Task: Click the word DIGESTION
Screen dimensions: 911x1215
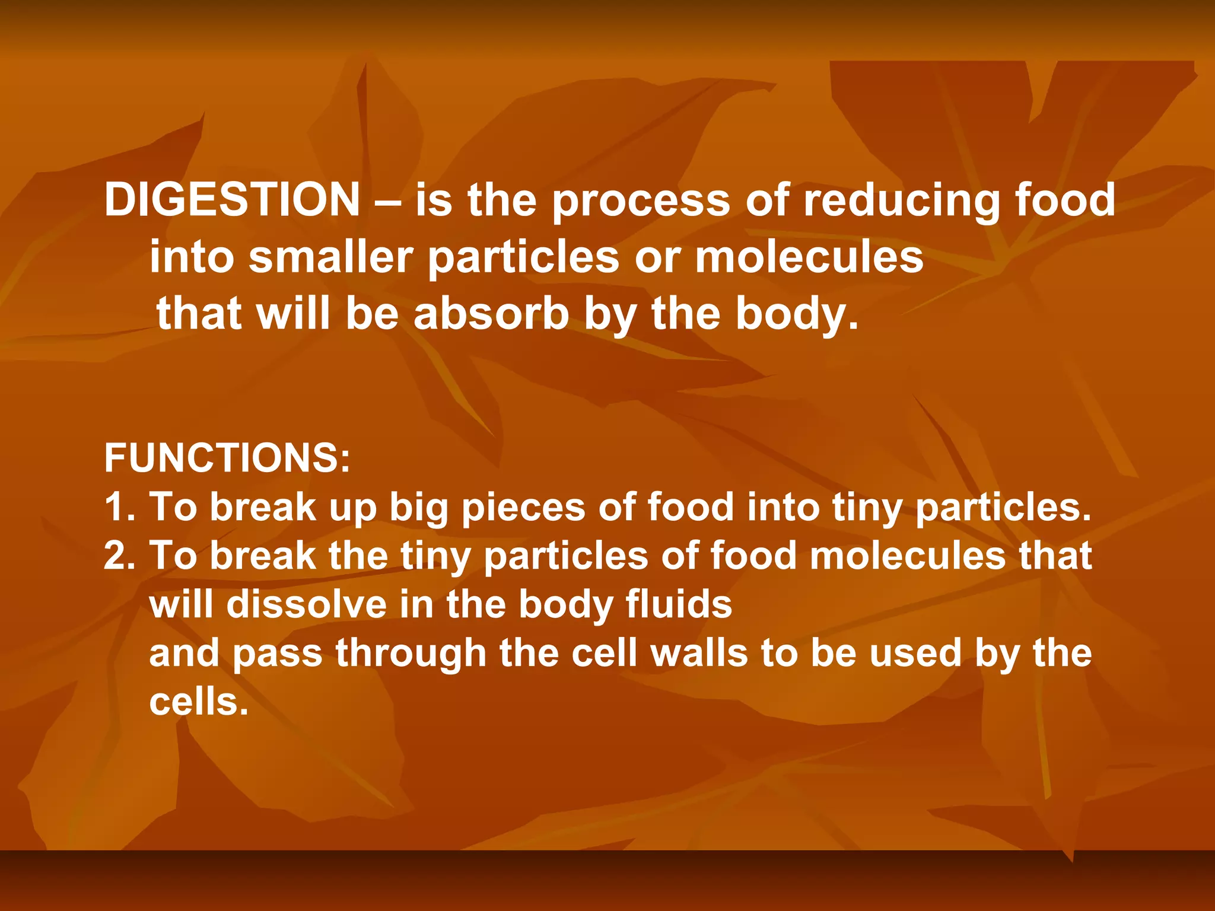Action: coord(232,200)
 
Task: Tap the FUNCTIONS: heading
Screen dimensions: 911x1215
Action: coord(227,458)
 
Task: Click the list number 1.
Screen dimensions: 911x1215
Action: coord(119,508)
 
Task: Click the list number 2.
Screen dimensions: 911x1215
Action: coord(119,556)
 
